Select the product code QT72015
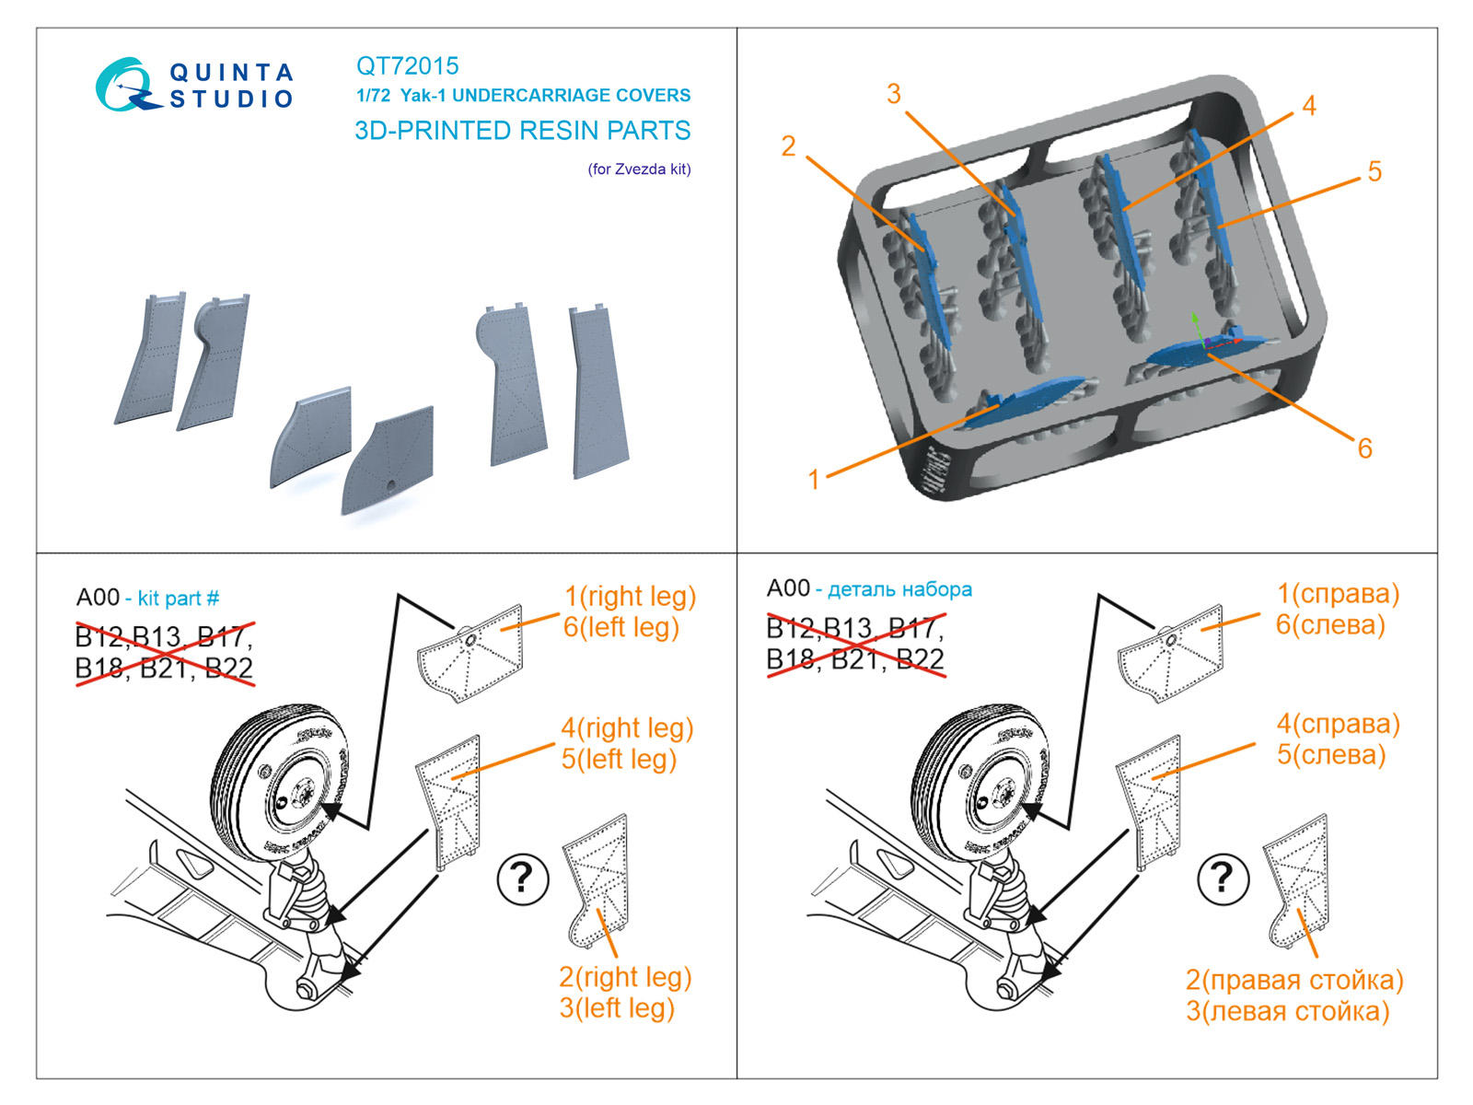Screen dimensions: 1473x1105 407,65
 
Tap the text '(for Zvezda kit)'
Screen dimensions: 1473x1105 639,169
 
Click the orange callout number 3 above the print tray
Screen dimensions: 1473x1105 893,94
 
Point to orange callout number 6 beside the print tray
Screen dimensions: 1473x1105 1365,448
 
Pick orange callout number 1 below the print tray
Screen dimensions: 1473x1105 813,480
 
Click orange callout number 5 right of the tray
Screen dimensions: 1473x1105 1374,171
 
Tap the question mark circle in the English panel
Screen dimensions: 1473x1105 523,878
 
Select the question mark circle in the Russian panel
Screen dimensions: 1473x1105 1223,878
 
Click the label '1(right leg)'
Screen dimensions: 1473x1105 630,597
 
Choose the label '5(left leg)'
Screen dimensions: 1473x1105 619,760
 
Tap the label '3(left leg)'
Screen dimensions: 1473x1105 617,1007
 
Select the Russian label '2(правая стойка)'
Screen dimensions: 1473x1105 1294,980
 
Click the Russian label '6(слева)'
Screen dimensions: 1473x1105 1330,624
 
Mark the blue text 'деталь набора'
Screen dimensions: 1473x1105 899,589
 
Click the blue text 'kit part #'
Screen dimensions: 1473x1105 179,598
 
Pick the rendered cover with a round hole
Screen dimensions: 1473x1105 388,459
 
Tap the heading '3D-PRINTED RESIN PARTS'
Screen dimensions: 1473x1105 522,130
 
